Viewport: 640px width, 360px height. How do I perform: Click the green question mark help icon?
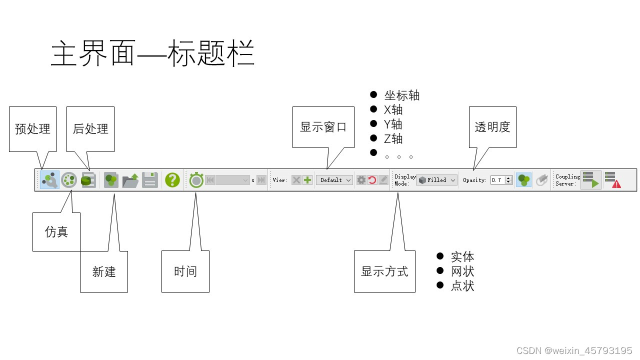pyautogui.click(x=172, y=180)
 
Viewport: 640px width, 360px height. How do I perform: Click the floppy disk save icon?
pyautogui.click(x=150, y=180)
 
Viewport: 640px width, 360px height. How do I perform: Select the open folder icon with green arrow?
pyautogui.click(x=130, y=180)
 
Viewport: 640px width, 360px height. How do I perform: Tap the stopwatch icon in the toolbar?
pyautogui.click(x=196, y=180)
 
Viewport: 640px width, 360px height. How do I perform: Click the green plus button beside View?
pyautogui.click(x=307, y=180)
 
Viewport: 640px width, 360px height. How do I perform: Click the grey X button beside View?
pyautogui.click(x=296, y=180)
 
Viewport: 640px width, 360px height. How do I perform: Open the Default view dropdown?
pyautogui.click(x=334, y=180)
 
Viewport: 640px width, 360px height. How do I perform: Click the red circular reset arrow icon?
pyautogui.click(x=372, y=180)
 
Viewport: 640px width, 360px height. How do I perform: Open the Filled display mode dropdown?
pyautogui.click(x=437, y=180)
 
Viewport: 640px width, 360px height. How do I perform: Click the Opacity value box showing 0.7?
pyautogui.click(x=497, y=180)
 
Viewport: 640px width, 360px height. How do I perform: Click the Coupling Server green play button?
pyautogui.click(x=590, y=180)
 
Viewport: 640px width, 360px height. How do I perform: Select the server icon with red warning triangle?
pyautogui.click(x=612, y=180)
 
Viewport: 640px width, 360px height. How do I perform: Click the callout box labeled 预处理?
pyautogui.click(x=32, y=129)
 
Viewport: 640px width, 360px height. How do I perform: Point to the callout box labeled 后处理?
pyautogui.click(x=90, y=129)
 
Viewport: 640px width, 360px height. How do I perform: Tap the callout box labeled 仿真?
pyautogui.click(x=56, y=232)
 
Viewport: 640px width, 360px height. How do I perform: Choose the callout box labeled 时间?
pyautogui.click(x=185, y=271)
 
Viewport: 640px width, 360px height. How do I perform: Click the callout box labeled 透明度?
pyautogui.click(x=492, y=127)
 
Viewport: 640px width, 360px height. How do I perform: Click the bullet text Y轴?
pyautogui.click(x=393, y=124)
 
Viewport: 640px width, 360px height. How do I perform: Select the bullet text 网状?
pyautogui.click(x=462, y=271)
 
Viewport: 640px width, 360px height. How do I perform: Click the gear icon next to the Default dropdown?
pyautogui.click(x=361, y=180)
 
